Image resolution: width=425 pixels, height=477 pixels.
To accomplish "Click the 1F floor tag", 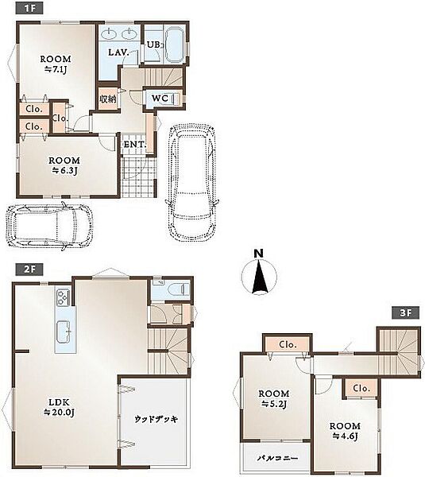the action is [x=29, y=8].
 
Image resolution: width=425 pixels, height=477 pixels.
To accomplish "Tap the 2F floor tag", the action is [x=29, y=270].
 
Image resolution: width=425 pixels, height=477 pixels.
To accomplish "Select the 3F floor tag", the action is [x=406, y=312].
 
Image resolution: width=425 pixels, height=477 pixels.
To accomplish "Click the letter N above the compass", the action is [x=258, y=254].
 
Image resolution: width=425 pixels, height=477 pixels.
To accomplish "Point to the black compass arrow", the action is [x=260, y=276].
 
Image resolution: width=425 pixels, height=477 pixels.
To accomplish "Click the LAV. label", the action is [x=119, y=52].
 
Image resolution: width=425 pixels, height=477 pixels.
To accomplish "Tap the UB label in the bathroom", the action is [x=154, y=45].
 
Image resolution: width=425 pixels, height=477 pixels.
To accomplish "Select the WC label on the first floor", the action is [x=160, y=99].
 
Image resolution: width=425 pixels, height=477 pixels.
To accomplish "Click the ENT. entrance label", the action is [x=135, y=145].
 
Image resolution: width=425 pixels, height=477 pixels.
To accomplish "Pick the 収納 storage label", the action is [x=108, y=99].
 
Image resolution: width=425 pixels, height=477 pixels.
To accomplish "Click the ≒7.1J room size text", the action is [x=56, y=70].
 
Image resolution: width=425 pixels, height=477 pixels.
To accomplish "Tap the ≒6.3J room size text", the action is [x=64, y=171].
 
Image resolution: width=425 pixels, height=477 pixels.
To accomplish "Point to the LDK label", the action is [x=60, y=402].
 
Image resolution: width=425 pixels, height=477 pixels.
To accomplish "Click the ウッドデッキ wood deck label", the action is [x=156, y=420].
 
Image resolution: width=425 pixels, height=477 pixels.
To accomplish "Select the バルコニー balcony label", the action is [x=278, y=458].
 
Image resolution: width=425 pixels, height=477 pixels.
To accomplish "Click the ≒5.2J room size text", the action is [x=274, y=404].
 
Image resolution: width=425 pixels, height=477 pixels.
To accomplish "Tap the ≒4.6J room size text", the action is [x=345, y=436].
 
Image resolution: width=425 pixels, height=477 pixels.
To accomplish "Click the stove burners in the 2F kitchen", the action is [x=63, y=297].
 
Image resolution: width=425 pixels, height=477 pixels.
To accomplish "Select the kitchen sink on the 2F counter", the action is [x=64, y=332].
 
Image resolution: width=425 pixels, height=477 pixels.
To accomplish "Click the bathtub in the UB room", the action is [x=175, y=45].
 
